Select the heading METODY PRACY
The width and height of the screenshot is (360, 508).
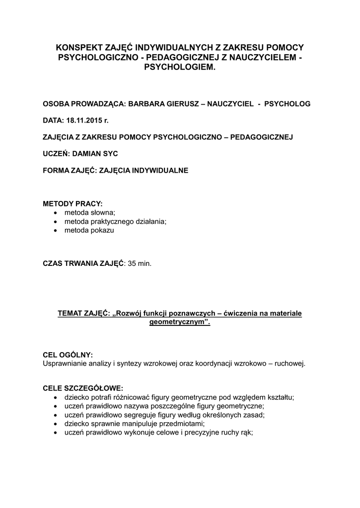coord(73,204)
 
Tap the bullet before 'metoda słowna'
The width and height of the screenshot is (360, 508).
coord(55,213)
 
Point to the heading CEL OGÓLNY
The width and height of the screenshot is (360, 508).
coord(68,355)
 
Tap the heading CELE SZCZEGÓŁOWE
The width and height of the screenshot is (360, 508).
coord(83,388)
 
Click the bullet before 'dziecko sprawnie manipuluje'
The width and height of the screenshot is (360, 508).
coord(55,424)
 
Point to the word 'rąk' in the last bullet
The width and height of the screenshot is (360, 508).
coord(246,433)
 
